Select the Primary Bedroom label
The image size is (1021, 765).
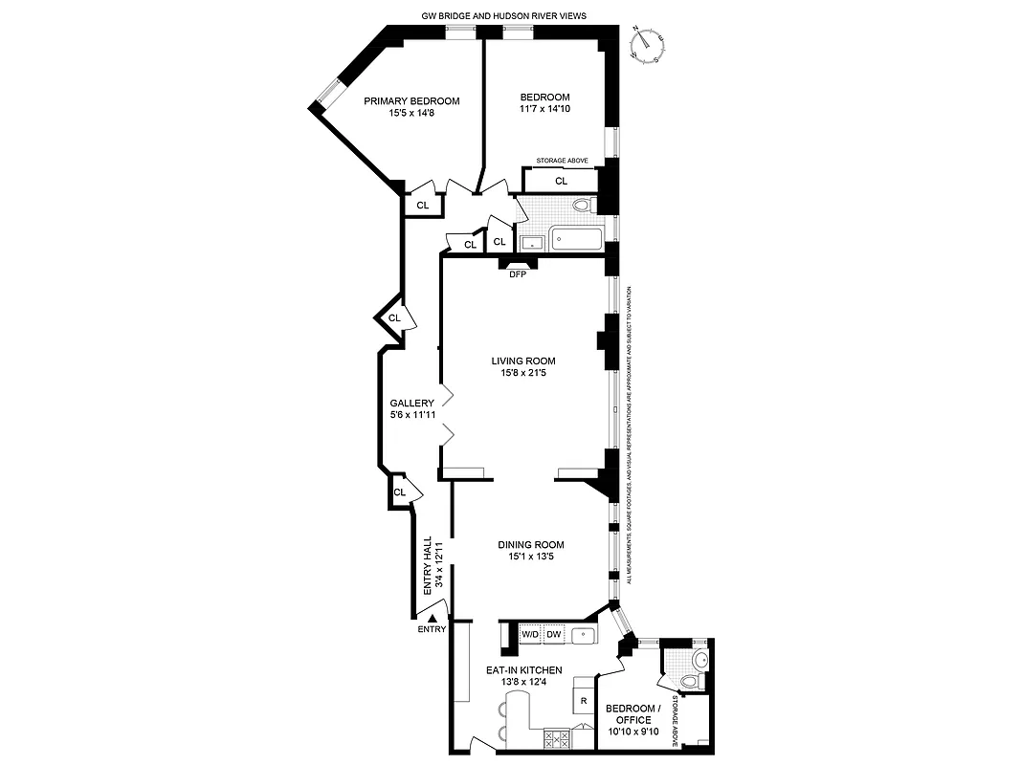[411, 100]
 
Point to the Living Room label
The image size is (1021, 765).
[523, 361]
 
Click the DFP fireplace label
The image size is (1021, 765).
[518, 273]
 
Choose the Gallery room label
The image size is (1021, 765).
[411, 404]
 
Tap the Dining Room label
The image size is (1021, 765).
[523, 545]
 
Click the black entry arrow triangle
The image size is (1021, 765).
[433, 620]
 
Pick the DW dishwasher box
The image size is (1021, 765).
[554, 634]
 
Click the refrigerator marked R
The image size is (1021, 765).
[583, 701]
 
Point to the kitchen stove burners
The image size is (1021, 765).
[555, 737]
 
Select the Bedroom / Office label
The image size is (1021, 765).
[628, 713]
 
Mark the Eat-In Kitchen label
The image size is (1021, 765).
[523, 670]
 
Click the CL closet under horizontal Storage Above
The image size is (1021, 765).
[561, 180]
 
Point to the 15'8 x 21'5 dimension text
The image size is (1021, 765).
[523, 373]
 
